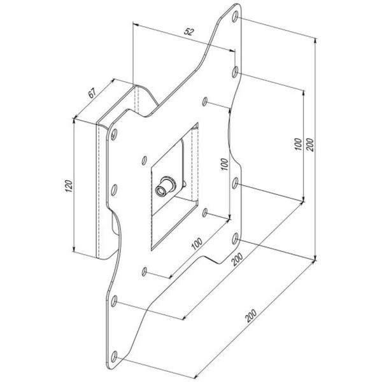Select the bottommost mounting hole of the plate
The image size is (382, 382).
(115, 355)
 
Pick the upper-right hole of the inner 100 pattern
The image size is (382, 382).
(207, 101)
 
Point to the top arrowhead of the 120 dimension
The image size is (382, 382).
(75, 120)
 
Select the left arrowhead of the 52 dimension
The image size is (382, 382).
(134, 26)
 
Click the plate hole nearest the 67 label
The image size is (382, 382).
(115, 135)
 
